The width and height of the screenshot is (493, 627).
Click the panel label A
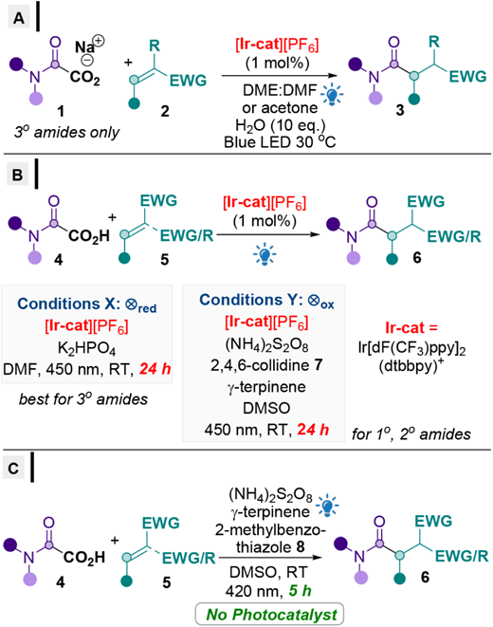[x=18, y=18]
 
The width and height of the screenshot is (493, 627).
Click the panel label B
[x=18, y=175]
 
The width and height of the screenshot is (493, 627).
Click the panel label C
[x=13, y=468]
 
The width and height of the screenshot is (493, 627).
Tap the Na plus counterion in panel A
[x=89, y=45]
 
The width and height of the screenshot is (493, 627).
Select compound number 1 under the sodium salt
[x=61, y=111]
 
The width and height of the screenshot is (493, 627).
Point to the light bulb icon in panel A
[x=332, y=95]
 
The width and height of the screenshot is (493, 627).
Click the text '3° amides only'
[x=66, y=133]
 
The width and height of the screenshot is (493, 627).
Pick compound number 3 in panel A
[x=400, y=110]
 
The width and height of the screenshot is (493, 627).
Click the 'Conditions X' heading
[x=86, y=304]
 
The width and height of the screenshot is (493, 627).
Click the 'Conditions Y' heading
[x=266, y=301]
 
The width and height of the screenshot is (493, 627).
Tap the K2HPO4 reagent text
[x=86, y=348]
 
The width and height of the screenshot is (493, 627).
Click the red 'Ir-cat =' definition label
[x=411, y=327]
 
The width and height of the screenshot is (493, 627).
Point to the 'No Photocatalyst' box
[x=269, y=615]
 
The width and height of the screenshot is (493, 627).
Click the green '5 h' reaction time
[x=300, y=591]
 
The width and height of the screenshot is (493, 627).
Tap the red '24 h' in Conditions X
[x=155, y=369]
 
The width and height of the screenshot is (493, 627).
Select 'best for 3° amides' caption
[x=83, y=399]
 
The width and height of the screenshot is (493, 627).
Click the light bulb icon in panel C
[x=328, y=506]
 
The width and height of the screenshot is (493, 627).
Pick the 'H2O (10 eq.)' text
[x=280, y=125]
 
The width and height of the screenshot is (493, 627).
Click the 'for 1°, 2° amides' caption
[x=411, y=434]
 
